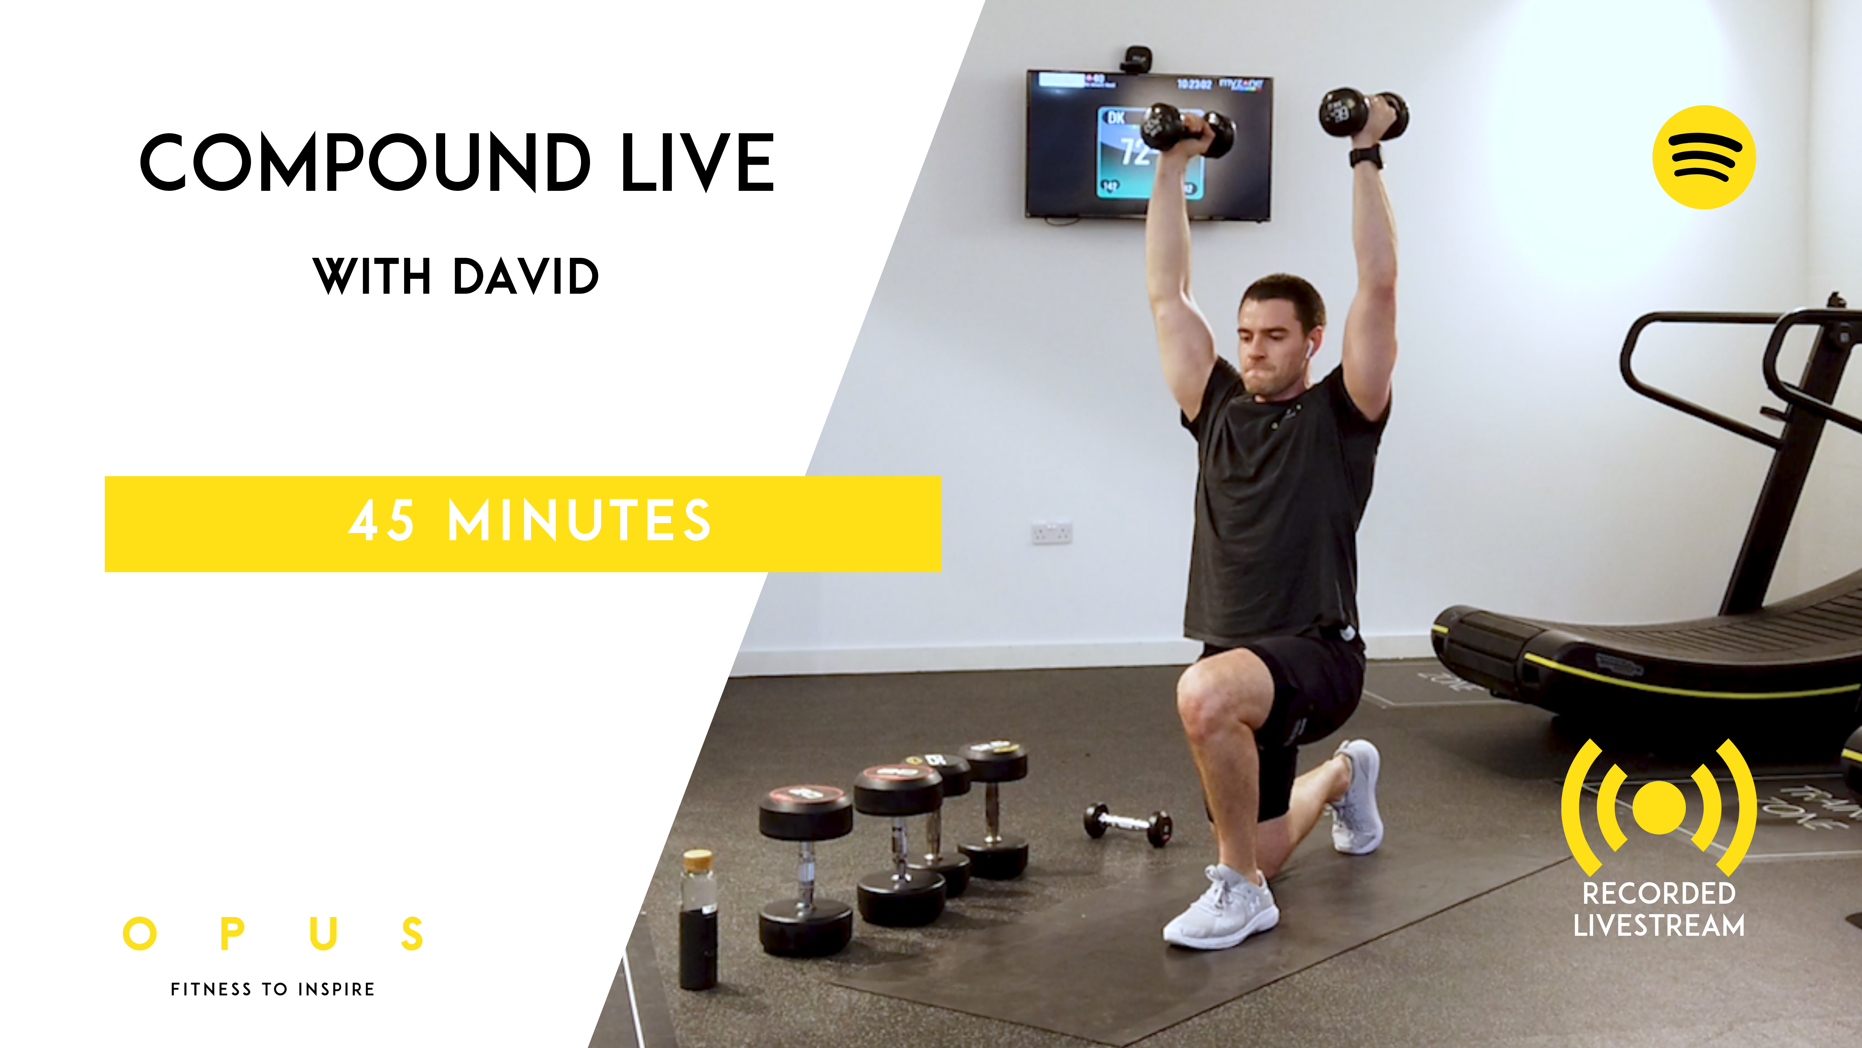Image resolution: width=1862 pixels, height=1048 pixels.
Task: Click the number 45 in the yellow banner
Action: (382, 521)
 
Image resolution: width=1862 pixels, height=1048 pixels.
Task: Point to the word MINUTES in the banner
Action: (580, 521)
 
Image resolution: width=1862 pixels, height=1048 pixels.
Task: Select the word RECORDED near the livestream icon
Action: (1659, 893)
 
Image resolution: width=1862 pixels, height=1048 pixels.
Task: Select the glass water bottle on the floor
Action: (698, 919)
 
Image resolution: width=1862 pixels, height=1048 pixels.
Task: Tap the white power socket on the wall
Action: (1051, 533)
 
